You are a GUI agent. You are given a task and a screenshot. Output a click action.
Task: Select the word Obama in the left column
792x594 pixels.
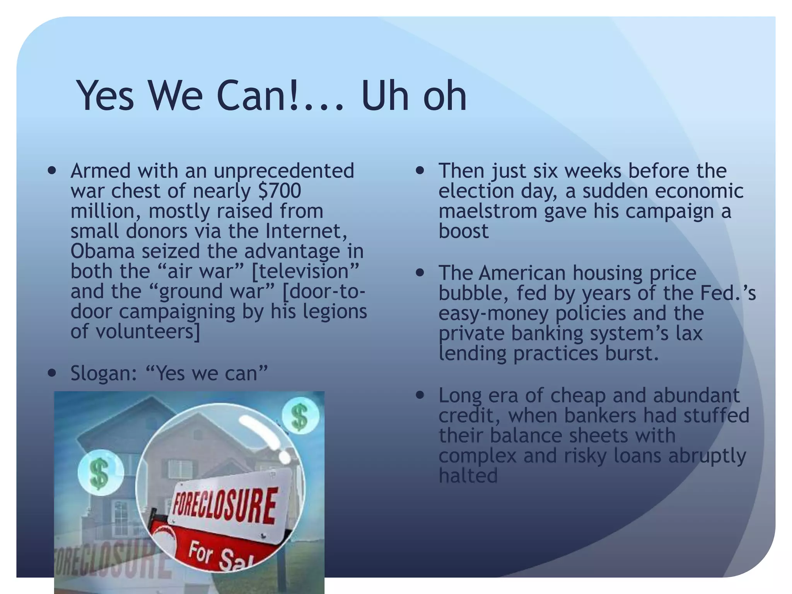tap(102, 251)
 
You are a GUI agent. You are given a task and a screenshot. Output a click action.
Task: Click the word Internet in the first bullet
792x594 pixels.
tap(306, 231)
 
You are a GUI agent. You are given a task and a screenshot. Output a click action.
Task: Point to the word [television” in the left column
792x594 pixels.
tap(306, 271)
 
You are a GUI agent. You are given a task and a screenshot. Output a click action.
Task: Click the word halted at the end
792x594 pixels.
tap(468, 476)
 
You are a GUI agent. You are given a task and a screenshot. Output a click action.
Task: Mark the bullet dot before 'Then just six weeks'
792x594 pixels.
tap(420, 171)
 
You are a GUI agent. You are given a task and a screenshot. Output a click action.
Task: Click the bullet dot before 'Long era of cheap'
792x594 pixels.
tap(420, 395)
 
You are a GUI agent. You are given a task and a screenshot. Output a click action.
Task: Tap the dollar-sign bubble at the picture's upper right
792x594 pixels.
tap(300, 416)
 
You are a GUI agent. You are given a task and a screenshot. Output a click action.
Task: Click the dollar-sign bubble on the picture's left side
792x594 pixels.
tap(100, 473)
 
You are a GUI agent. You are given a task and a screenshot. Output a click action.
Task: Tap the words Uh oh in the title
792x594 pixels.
tap(414, 96)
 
